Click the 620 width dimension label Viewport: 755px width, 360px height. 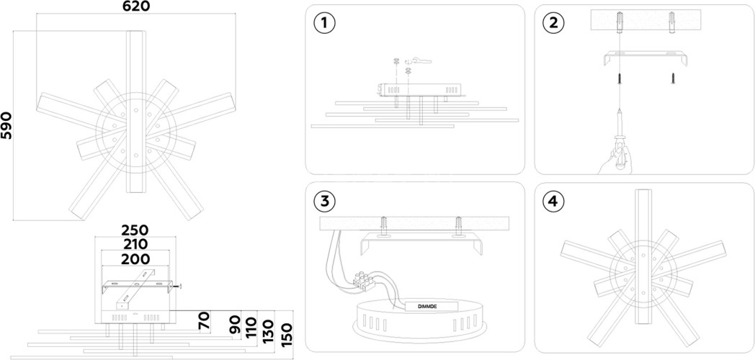click(x=136, y=6)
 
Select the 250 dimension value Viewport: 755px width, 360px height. click(x=134, y=230)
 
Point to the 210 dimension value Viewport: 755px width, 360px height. click(x=134, y=244)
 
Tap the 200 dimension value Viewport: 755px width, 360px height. click(x=135, y=259)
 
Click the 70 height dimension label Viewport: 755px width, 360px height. click(x=205, y=322)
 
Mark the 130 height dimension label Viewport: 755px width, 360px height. click(x=268, y=330)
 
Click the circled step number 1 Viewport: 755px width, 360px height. click(x=324, y=23)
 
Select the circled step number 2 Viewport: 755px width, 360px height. click(x=553, y=23)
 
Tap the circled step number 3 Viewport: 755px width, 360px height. click(x=324, y=201)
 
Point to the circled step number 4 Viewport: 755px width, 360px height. click(x=553, y=201)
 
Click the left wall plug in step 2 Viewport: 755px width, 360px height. click(x=620, y=22)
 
